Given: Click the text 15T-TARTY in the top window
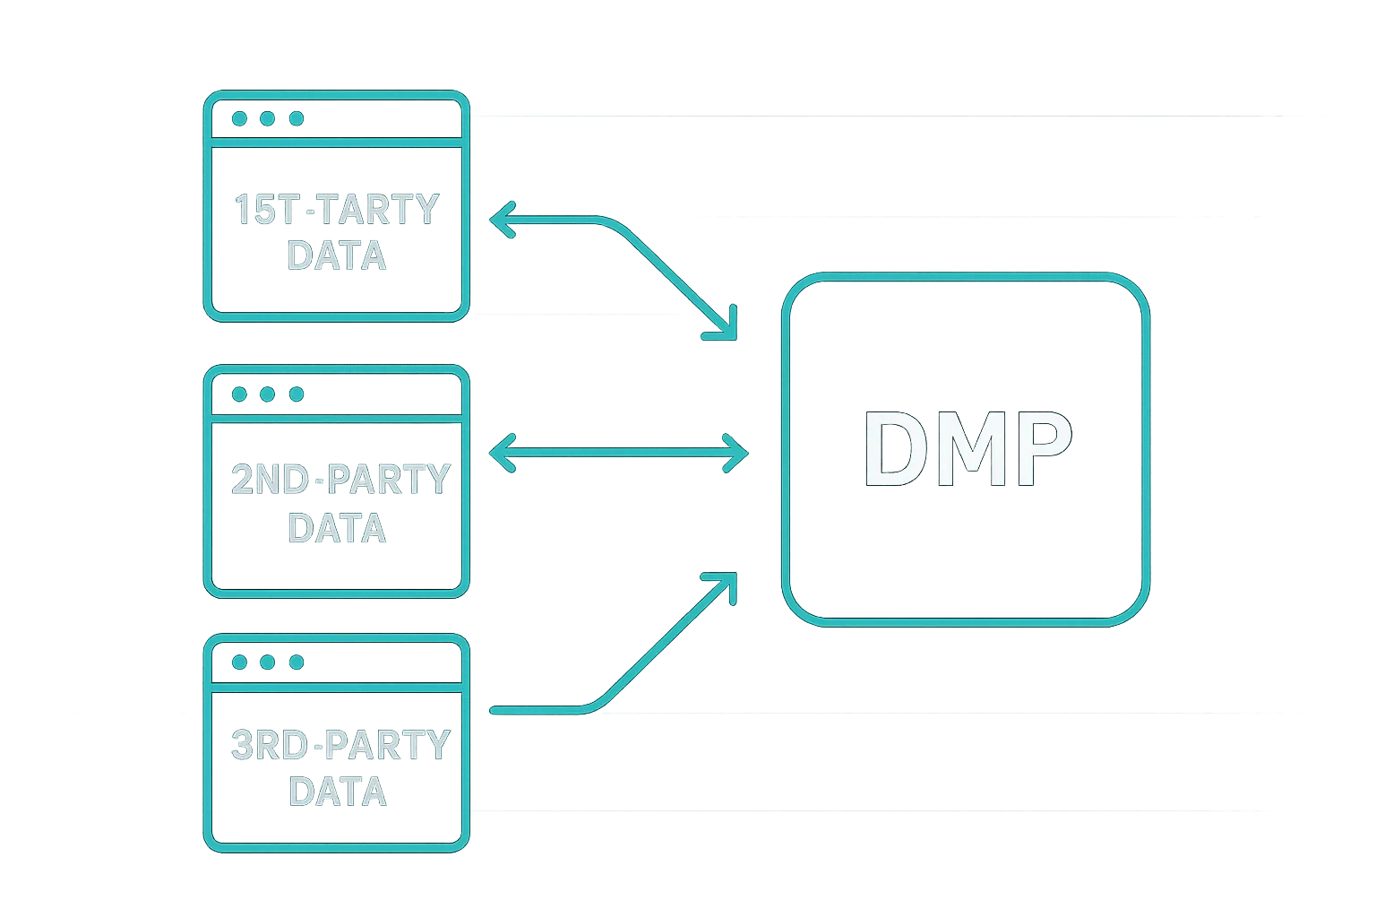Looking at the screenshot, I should pyautogui.click(x=337, y=210).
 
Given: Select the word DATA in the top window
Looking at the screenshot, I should pyautogui.click(x=337, y=255).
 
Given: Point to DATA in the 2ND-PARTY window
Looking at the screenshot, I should pyautogui.click(x=337, y=527).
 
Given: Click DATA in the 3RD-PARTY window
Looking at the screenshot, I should pyautogui.click(x=337, y=792).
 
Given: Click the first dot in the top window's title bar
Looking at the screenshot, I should pyautogui.click(x=240, y=118).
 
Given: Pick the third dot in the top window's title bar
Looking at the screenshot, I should pyautogui.click(x=297, y=118).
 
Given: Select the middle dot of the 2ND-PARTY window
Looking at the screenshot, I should pyautogui.click(x=268, y=394).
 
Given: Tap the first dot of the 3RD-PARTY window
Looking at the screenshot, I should pyautogui.click(x=240, y=663).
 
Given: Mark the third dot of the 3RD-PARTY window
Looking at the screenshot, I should pyautogui.click(x=297, y=663).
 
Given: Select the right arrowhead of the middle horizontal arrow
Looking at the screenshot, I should pyautogui.click(x=740, y=451).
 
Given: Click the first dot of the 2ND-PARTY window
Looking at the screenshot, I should pyautogui.click(x=240, y=394).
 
